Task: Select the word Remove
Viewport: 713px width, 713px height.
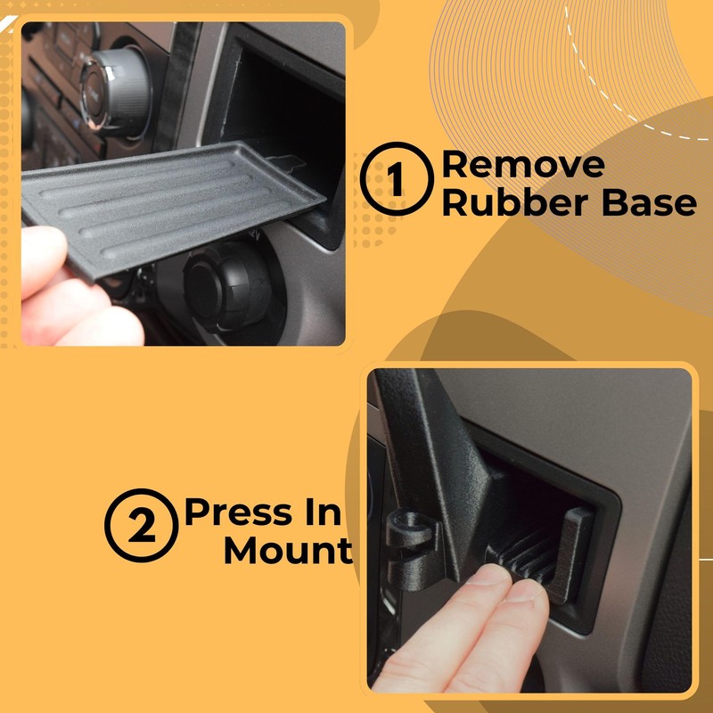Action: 523,165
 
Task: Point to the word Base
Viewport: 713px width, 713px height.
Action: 648,202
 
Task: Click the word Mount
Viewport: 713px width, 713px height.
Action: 287,551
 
